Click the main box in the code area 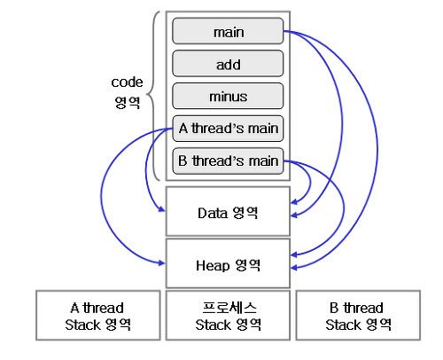pyautogui.click(x=228, y=31)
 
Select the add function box pyautogui.click(x=228, y=64)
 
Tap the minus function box pyautogui.click(x=228, y=96)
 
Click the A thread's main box pyautogui.click(x=228, y=129)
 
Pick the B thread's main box pyautogui.click(x=228, y=161)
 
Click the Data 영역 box pyautogui.click(x=228, y=211)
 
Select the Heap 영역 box pyautogui.click(x=228, y=263)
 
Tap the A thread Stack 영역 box pyautogui.click(x=98, y=316)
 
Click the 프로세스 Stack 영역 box pyautogui.click(x=228, y=316)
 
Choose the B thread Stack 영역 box pyautogui.click(x=358, y=316)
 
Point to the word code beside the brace pyautogui.click(x=127, y=82)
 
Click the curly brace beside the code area pyautogui.click(x=154, y=96)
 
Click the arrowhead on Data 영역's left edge pyautogui.click(x=162, y=209)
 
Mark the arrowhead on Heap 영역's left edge pyautogui.click(x=162, y=262)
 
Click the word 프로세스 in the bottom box pyautogui.click(x=229, y=308)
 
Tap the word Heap pyautogui.click(x=213, y=265)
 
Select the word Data pyautogui.click(x=213, y=213)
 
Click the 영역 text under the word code pyautogui.click(x=128, y=102)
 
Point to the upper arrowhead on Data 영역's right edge pyautogui.click(x=294, y=202)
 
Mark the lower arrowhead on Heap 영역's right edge pyautogui.click(x=294, y=268)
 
